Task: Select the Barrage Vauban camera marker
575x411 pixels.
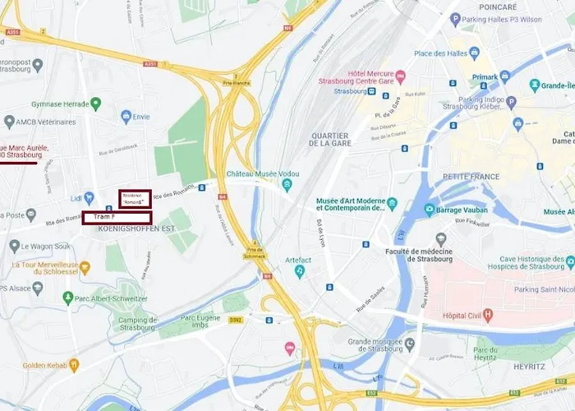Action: (x=430, y=210)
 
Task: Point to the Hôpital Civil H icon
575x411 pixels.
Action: (x=489, y=314)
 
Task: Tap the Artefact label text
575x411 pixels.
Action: (x=298, y=261)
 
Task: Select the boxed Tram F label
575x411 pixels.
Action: (x=117, y=217)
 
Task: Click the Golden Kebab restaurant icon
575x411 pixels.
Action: (x=73, y=364)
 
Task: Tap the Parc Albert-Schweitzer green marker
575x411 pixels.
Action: (x=69, y=298)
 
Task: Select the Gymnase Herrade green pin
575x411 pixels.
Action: (x=96, y=104)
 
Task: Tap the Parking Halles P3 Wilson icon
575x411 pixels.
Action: (x=455, y=19)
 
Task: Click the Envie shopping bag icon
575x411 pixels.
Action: (x=126, y=117)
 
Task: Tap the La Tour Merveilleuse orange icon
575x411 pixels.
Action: (x=85, y=267)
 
